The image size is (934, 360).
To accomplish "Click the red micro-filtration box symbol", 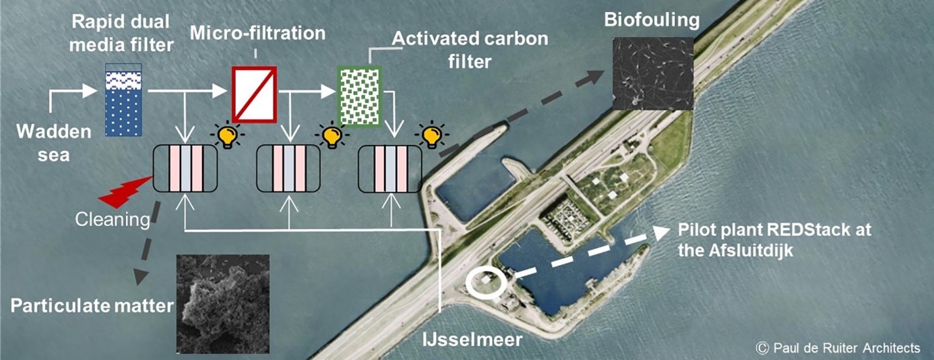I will pos(253,94).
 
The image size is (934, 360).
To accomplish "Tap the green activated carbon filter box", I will pos(360,96).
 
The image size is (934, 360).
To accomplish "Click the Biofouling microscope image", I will pos(652,73).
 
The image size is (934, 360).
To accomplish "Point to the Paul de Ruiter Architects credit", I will pos(838,348).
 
